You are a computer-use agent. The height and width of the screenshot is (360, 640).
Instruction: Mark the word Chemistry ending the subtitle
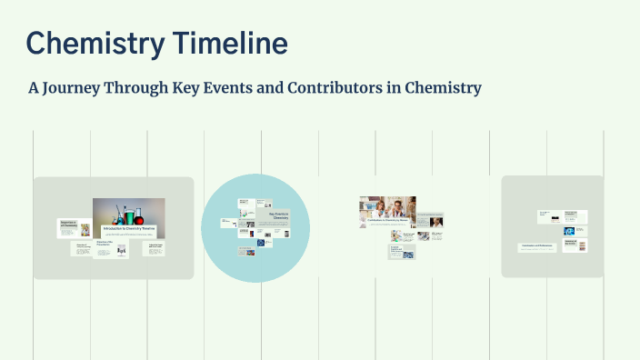(442, 88)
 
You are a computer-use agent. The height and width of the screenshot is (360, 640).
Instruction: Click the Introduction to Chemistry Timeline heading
(128, 227)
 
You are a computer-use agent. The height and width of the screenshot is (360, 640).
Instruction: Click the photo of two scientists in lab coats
(387, 208)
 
